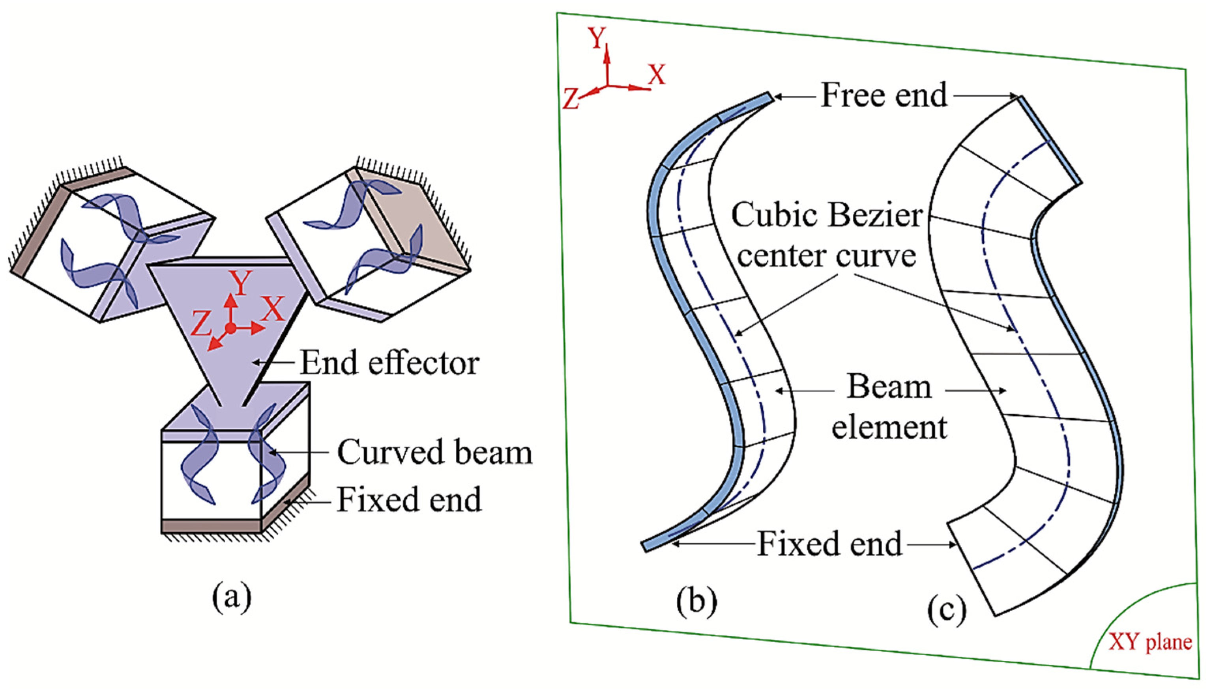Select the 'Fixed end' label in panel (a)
(x=409, y=499)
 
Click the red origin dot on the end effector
(x=230, y=328)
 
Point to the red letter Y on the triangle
(x=240, y=283)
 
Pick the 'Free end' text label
(x=884, y=95)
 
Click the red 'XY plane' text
(x=1150, y=642)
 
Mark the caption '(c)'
(x=947, y=611)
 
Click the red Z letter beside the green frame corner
(x=571, y=100)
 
